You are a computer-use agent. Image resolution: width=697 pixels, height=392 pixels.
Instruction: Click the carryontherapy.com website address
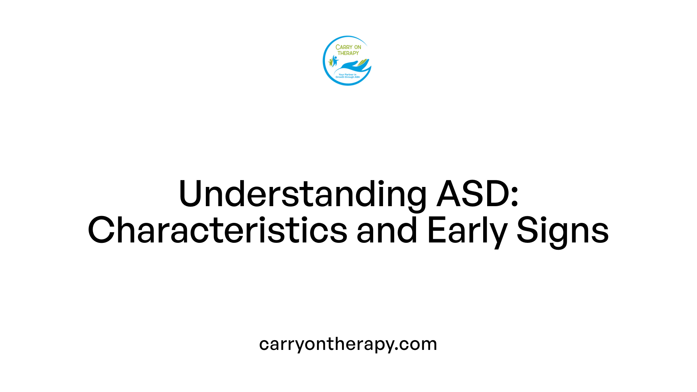tap(348, 344)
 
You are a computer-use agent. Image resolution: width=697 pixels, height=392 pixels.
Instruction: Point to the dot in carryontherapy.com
tap(397, 349)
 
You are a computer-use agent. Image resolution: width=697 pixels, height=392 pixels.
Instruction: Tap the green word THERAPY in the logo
tap(348, 53)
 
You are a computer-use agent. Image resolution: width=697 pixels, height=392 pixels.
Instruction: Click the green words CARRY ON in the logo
tap(348, 47)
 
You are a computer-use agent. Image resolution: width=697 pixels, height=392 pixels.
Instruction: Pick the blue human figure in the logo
tap(335, 60)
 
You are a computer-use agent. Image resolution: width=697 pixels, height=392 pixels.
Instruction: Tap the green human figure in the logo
tap(331, 62)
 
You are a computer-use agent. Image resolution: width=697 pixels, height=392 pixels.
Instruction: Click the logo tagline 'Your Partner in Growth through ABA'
tap(347, 76)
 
